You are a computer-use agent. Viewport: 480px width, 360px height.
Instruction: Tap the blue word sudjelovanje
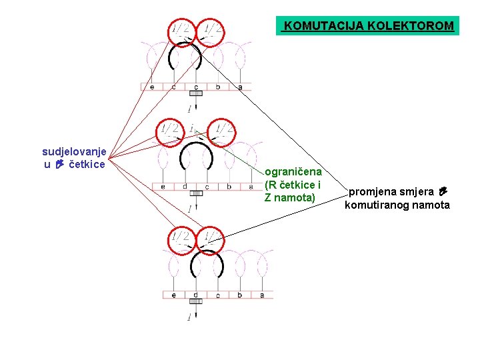click(x=73, y=151)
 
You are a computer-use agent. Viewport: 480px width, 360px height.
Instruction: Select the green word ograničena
click(x=293, y=172)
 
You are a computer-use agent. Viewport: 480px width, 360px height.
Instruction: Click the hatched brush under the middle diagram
click(x=195, y=193)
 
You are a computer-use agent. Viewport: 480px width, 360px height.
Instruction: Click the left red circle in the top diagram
click(x=180, y=31)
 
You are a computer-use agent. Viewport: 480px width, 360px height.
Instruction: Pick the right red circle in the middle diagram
click(x=223, y=131)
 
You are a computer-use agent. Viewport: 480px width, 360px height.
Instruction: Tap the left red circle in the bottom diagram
click(x=180, y=242)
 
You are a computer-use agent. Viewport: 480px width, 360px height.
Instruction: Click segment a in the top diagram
click(x=240, y=87)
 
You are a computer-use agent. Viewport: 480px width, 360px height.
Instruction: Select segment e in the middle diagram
click(x=163, y=187)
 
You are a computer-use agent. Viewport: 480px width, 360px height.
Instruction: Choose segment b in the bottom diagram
click(x=240, y=295)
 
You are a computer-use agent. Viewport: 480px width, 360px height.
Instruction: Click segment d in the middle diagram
click(x=185, y=187)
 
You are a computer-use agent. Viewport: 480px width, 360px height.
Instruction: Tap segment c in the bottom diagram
click(x=218, y=295)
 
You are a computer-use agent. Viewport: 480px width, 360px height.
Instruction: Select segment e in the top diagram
click(x=152, y=87)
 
